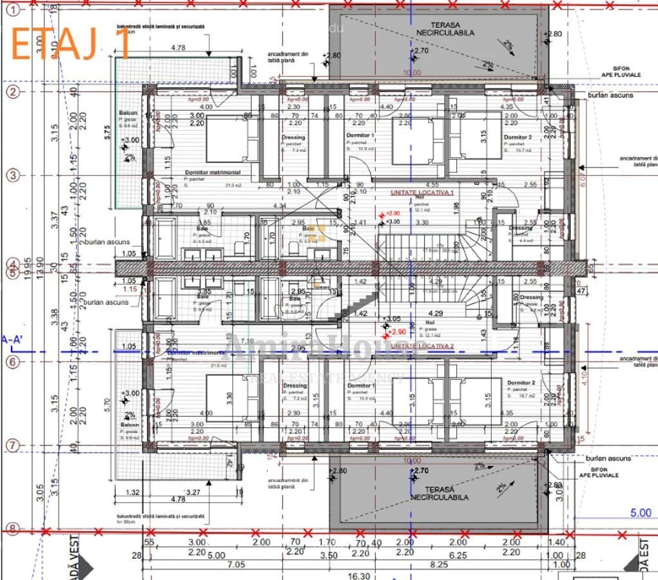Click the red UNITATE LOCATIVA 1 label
[x=422, y=193]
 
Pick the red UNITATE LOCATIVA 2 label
[x=422, y=346]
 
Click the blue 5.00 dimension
[x=641, y=513]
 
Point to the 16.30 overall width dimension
[x=359, y=575]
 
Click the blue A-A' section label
[x=14, y=340]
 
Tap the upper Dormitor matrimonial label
[x=212, y=173]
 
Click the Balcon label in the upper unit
[x=128, y=113]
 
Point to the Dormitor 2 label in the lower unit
[x=520, y=383]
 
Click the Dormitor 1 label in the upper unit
[x=360, y=135]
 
